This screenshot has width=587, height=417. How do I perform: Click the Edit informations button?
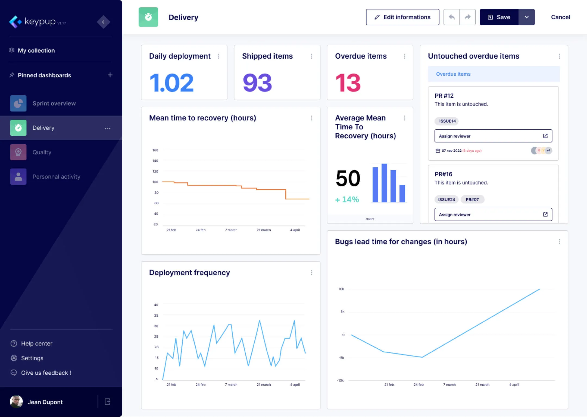[402, 17]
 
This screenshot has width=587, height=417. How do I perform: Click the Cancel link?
[560, 17]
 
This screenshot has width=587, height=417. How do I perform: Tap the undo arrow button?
[451, 17]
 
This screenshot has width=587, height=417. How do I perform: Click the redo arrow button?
[467, 17]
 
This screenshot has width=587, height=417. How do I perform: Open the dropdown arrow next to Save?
[526, 17]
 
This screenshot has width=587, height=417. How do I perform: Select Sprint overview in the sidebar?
[54, 103]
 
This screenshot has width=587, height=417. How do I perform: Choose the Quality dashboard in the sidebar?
[42, 152]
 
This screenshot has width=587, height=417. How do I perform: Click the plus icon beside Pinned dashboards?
[110, 75]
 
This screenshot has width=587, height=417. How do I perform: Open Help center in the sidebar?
[36, 343]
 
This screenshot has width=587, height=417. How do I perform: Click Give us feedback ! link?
[46, 373]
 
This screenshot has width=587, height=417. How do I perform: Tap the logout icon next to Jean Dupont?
[107, 402]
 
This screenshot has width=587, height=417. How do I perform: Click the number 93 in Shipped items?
[257, 83]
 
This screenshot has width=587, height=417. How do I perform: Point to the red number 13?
[348, 83]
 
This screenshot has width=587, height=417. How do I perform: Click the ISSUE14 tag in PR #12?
[447, 121]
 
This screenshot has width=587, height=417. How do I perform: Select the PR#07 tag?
[472, 200]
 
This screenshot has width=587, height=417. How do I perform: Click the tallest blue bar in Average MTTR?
[384, 183]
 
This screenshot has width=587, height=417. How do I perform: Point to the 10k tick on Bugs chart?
[341, 289]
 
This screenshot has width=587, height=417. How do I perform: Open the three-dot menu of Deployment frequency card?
[311, 273]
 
